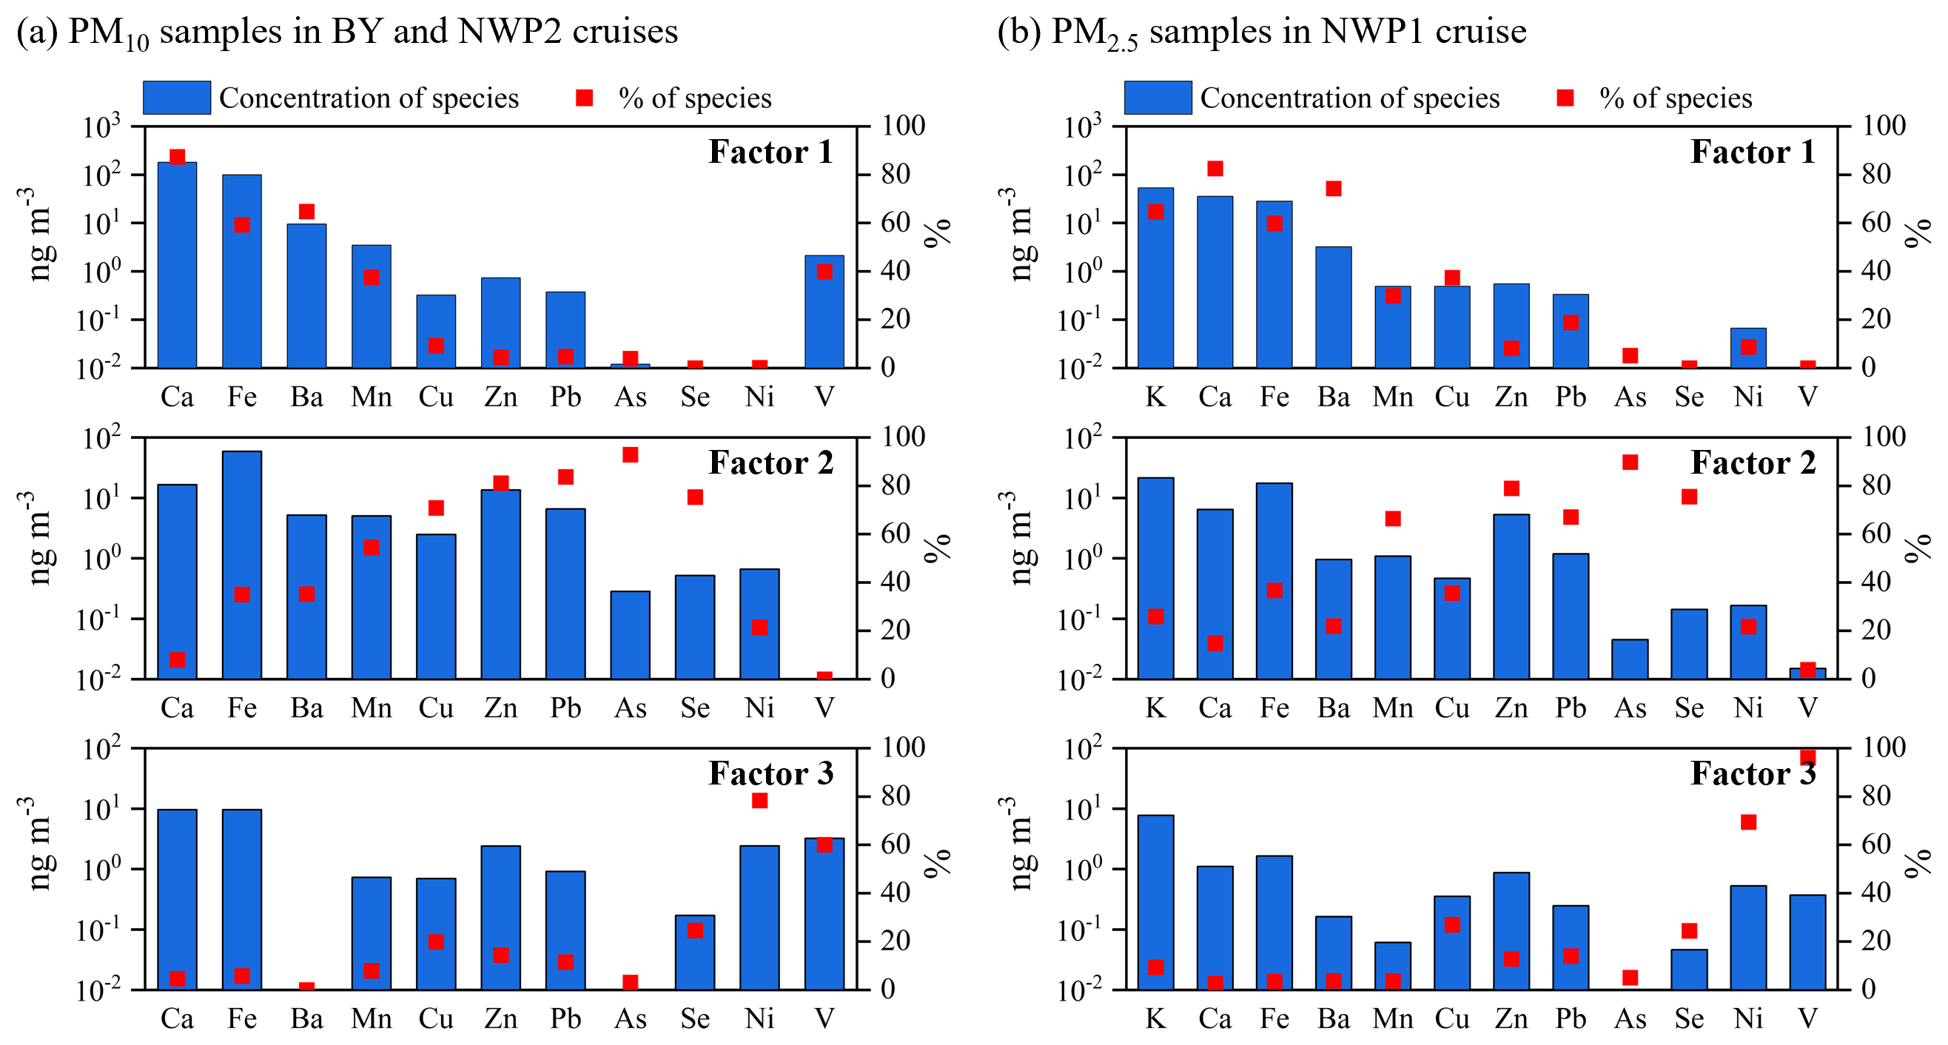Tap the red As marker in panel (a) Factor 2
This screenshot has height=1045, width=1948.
(631, 454)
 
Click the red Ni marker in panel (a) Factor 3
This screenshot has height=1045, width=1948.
(760, 800)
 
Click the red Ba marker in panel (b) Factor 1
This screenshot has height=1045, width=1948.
(1334, 188)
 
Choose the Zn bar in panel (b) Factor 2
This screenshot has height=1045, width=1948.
(1511, 597)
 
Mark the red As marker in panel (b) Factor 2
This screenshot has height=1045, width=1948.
(1630, 462)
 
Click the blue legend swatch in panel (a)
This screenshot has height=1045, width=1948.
(177, 98)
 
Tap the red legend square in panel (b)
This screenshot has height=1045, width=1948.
(1565, 98)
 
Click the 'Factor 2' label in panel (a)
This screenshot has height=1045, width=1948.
(770, 463)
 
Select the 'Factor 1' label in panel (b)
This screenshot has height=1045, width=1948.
(1753, 152)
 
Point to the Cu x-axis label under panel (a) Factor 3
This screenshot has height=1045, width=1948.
(437, 1018)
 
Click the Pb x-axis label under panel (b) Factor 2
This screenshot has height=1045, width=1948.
(1571, 708)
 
